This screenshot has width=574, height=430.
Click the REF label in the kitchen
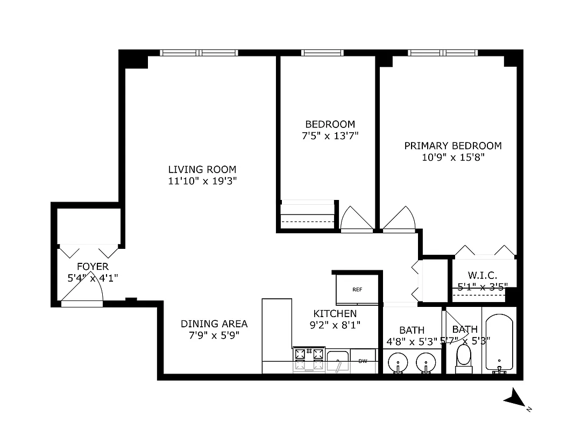pos(357,289)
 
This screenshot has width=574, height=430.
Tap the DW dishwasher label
pos(363,361)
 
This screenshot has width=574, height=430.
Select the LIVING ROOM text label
pos(202,169)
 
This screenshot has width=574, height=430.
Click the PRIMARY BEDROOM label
pos(453,146)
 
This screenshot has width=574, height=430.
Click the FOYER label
pos(93,267)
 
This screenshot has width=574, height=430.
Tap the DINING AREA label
pos(214,324)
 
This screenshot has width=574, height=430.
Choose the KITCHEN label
pos(335,313)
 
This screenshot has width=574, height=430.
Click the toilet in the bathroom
pos(463,357)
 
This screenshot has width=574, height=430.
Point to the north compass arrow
pos(515,399)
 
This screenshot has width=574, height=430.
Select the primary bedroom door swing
pos(399,219)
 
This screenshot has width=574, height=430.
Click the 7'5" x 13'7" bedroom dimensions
pos(330,136)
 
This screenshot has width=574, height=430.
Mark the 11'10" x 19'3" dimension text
pos(202,181)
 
